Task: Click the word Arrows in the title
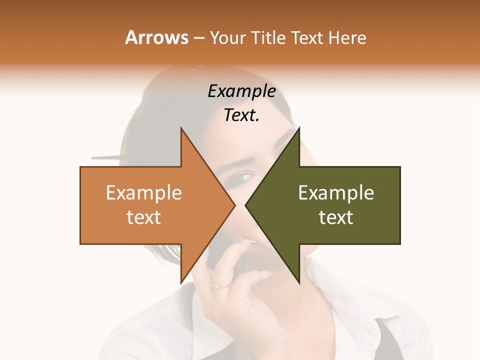(156, 37)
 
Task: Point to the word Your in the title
(228, 37)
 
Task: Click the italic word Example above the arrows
(241, 91)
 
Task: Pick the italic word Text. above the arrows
(241, 115)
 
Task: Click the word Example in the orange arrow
(144, 193)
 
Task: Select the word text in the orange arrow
(144, 217)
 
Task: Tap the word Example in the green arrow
(336, 193)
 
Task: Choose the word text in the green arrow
(336, 217)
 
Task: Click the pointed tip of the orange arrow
(234, 205)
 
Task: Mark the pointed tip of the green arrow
(246, 205)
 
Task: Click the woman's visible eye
(243, 177)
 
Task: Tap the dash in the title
(198, 38)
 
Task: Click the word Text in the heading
(306, 37)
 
